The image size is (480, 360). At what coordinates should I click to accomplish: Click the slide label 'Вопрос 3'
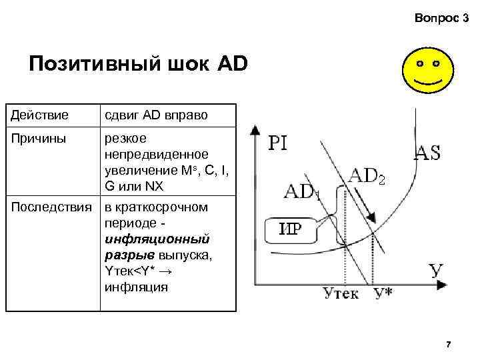[441, 21]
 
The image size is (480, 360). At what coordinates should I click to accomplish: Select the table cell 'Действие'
[39, 115]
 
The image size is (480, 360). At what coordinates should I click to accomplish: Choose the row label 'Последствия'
[49, 207]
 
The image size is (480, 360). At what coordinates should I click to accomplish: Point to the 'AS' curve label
[427, 152]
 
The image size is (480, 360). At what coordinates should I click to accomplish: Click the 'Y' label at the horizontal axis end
[436, 271]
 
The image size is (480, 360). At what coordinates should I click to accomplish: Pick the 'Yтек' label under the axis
[341, 293]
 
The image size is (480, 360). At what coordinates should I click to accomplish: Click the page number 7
[448, 344]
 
